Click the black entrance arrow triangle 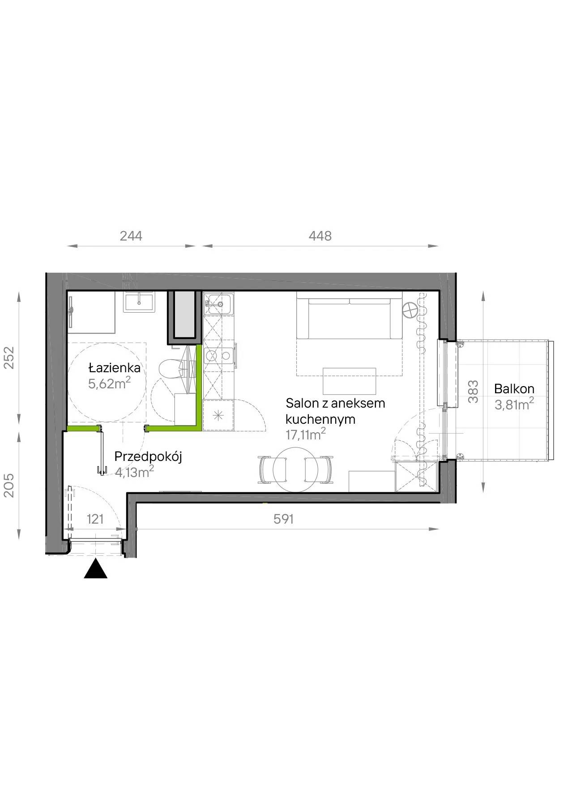95,569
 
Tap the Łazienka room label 115,368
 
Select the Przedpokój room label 148,457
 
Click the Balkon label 514,389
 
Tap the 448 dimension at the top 320,236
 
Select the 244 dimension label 131,236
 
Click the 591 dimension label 284,519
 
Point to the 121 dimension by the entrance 95,519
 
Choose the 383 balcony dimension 473,391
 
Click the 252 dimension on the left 9,357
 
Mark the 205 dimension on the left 9,485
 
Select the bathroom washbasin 140,301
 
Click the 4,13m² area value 134,472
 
